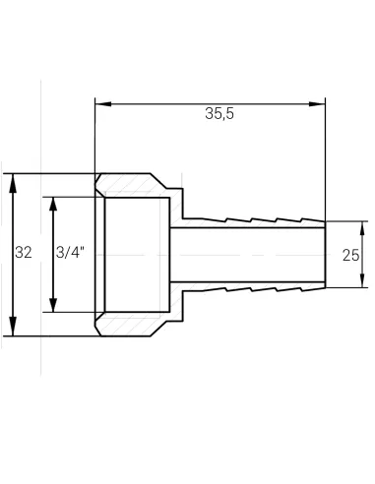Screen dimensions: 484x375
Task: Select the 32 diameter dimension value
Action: [25, 254]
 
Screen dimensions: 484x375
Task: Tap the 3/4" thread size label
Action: [70, 254]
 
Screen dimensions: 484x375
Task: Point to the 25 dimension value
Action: [349, 255]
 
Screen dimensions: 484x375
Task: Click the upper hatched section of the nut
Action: [133, 184]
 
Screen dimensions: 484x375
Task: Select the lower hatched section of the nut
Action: [133, 324]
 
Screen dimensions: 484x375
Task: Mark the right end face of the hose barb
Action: [324, 254]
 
